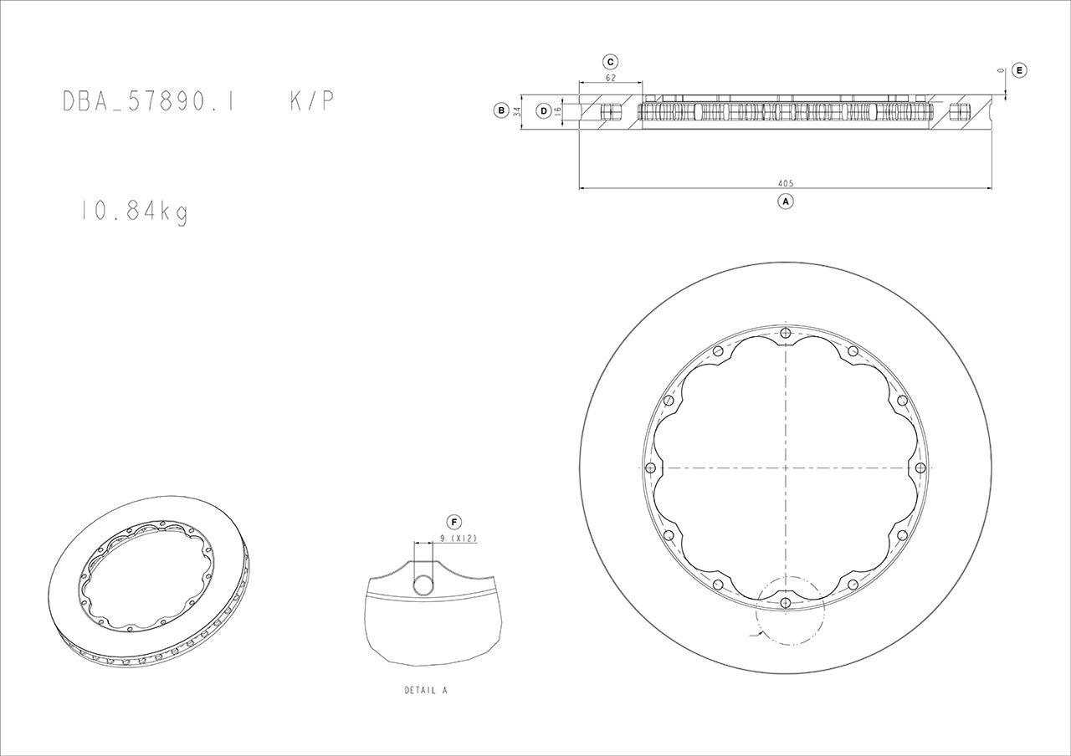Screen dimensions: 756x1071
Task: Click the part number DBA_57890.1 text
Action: pyautogui.click(x=148, y=101)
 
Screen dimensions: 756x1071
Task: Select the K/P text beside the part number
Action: pyautogui.click(x=312, y=101)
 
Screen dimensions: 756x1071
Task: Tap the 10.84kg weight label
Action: pyautogui.click(x=134, y=212)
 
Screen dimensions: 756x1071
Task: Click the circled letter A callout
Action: pyautogui.click(x=785, y=201)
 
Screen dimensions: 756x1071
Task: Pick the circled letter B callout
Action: pyautogui.click(x=500, y=110)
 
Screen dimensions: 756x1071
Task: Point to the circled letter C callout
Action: pyautogui.click(x=610, y=62)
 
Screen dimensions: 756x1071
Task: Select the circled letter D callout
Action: pyautogui.click(x=543, y=110)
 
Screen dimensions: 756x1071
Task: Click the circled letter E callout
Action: pyautogui.click(x=1018, y=70)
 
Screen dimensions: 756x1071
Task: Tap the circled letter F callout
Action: pyautogui.click(x=454, y=523)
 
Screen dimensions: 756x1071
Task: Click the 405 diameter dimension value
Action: pyautogui.click(x=785, y=183)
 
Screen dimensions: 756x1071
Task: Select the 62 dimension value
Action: pyautogui.click(x=610, y=78)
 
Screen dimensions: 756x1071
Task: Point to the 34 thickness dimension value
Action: pyautogui.click(x=517, y=110)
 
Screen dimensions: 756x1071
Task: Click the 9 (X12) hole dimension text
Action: pyautogui.click(x=458, y=539)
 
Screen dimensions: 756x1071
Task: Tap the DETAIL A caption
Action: pyautogui.click(x=426, y=691)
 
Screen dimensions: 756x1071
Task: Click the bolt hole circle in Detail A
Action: pyautogui.click(x=424, y=584)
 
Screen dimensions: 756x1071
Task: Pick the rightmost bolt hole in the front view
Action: pyautogui.click(x=920, y=467)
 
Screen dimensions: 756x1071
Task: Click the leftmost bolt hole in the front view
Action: pyautogui.click(x=650, y=467)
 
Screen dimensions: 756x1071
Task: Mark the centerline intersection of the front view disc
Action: pyautogui.click(x=785, y=467)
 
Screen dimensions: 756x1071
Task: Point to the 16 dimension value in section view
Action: pyautogui.click(x=557, y=110)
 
